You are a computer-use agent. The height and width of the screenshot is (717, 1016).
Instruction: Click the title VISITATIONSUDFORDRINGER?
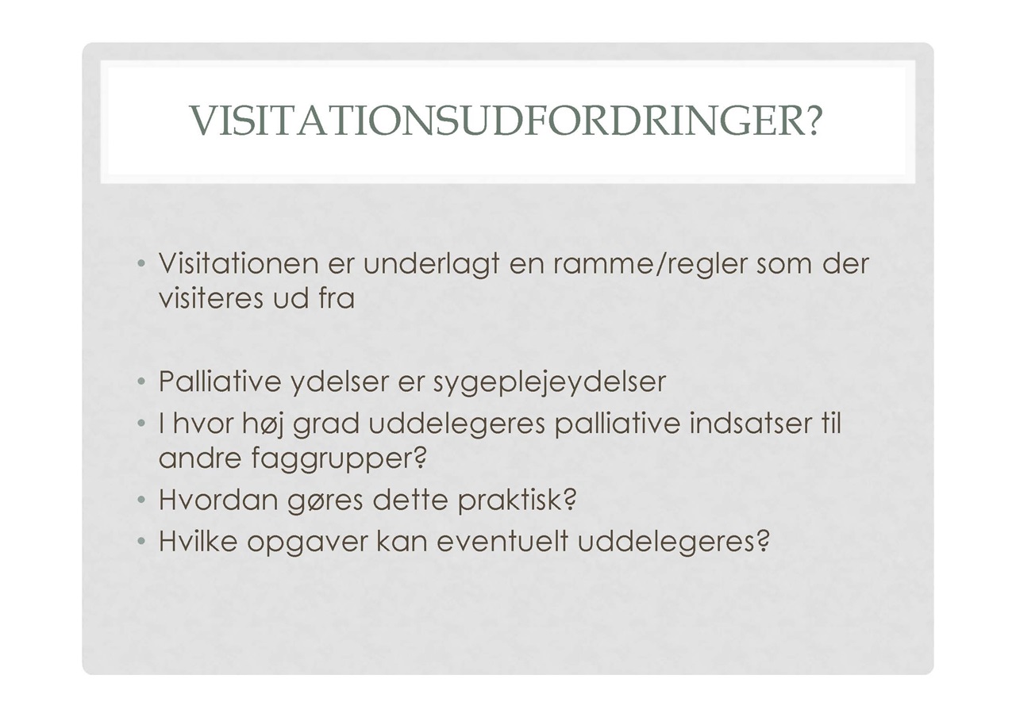tap(506, 120)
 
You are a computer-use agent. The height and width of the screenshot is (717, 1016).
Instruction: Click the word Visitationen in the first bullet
tap(238, 263)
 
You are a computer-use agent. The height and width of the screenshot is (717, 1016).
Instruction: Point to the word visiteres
tap(211, 299)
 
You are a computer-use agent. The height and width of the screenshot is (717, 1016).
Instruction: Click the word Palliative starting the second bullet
tap(220, 382)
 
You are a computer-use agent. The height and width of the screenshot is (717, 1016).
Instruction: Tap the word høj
tap(263, 424)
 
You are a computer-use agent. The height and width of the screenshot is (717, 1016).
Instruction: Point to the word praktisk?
tap(516, 500)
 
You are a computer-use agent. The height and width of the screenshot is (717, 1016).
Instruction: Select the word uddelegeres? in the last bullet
tap(674, 541)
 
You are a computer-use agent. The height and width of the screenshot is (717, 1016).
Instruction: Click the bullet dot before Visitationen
tap(141, 263)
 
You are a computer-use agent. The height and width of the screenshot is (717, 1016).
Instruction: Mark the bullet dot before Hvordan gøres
tap(141, 500)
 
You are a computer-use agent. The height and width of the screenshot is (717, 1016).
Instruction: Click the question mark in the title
tap(814, 120)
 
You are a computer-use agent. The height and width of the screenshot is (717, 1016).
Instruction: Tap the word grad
tap(326, 424)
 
